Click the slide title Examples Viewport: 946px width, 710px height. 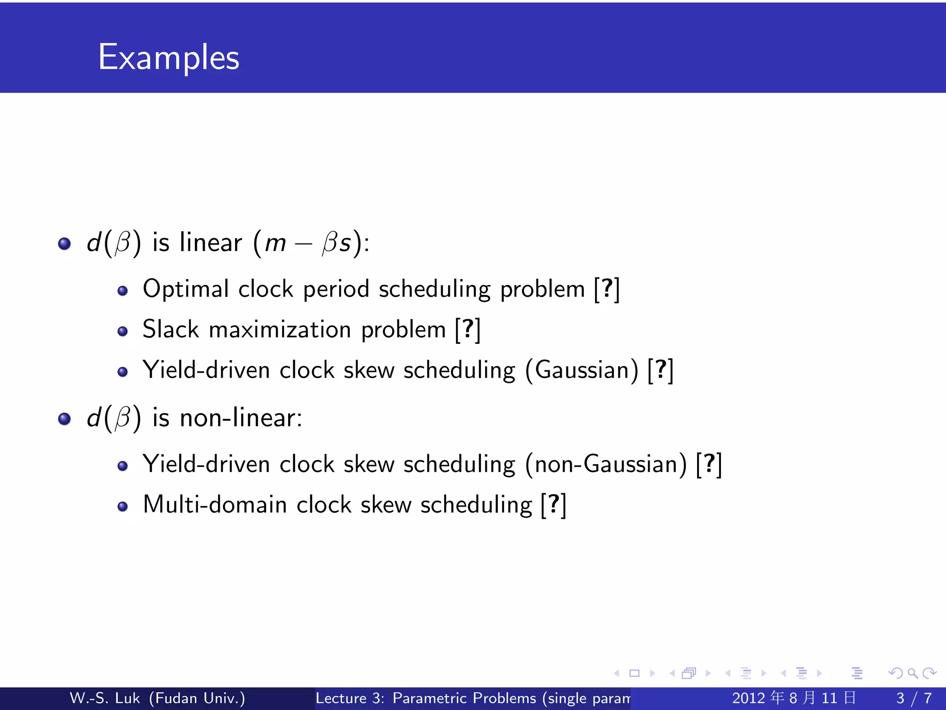[x=169, y=57]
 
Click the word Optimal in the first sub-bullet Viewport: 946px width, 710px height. [x=186, y=289]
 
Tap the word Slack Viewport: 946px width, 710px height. [x=170, y=330]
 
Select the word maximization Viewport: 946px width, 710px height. [x=280, y=330]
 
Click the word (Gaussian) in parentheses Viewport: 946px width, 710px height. [x=582, y=370]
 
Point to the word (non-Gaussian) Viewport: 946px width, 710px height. [x=606, y=464]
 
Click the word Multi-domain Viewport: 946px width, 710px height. [x=215, y=504]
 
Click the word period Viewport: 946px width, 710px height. [x=336, y=290]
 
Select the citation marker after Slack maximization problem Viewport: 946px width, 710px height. [x=468, y=330]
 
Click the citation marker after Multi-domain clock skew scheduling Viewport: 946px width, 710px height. [x=553, y=504]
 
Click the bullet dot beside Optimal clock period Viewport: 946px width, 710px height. [x=122, y=291]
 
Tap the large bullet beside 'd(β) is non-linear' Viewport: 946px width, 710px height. [x=65, y=419]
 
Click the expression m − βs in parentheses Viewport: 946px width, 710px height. [x=308, y=243]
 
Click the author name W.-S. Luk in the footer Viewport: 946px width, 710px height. [x=104, y=698]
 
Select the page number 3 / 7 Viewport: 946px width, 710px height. [x=914, y=698]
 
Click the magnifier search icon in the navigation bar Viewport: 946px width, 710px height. [x=912, y=673]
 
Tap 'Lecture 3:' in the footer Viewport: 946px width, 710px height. [x=350, y=698]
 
